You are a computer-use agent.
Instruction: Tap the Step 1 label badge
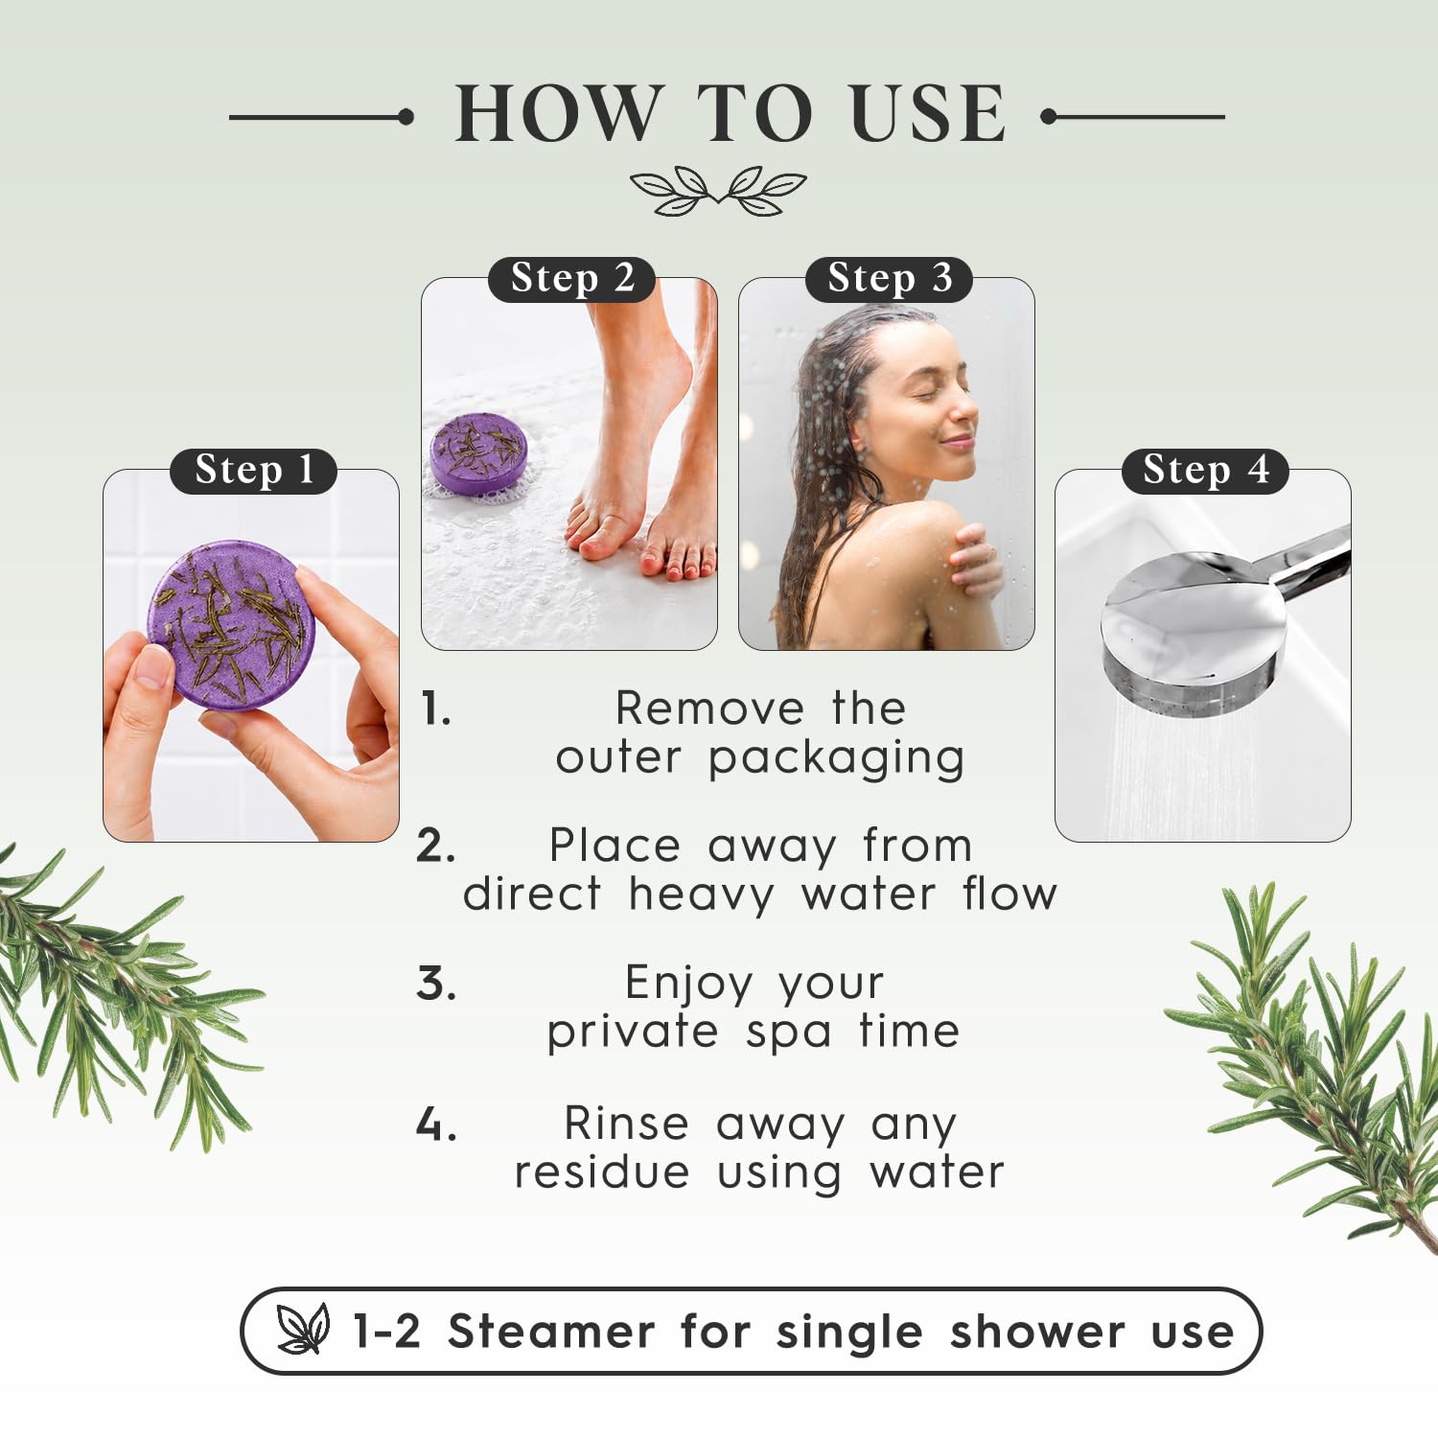[x=253, y=471]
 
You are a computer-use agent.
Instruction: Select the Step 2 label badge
[x=571, y=279]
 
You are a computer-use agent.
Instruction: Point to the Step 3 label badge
[x=889, y=279]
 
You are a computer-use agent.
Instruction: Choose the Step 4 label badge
[x=1205, y=471]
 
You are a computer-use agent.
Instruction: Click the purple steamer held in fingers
[x=231, y=624]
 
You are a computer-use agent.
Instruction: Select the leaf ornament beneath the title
[x=718, y=190]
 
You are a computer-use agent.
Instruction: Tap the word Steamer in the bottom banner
[x=551, y=1332]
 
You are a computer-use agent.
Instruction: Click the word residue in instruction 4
[x=602, y=1172]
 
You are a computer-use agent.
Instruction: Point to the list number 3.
[x=436, y=985]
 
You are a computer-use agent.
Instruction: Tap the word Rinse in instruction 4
[x=626, y=1123]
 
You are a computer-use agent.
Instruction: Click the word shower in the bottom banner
[x=1037, y=1332]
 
